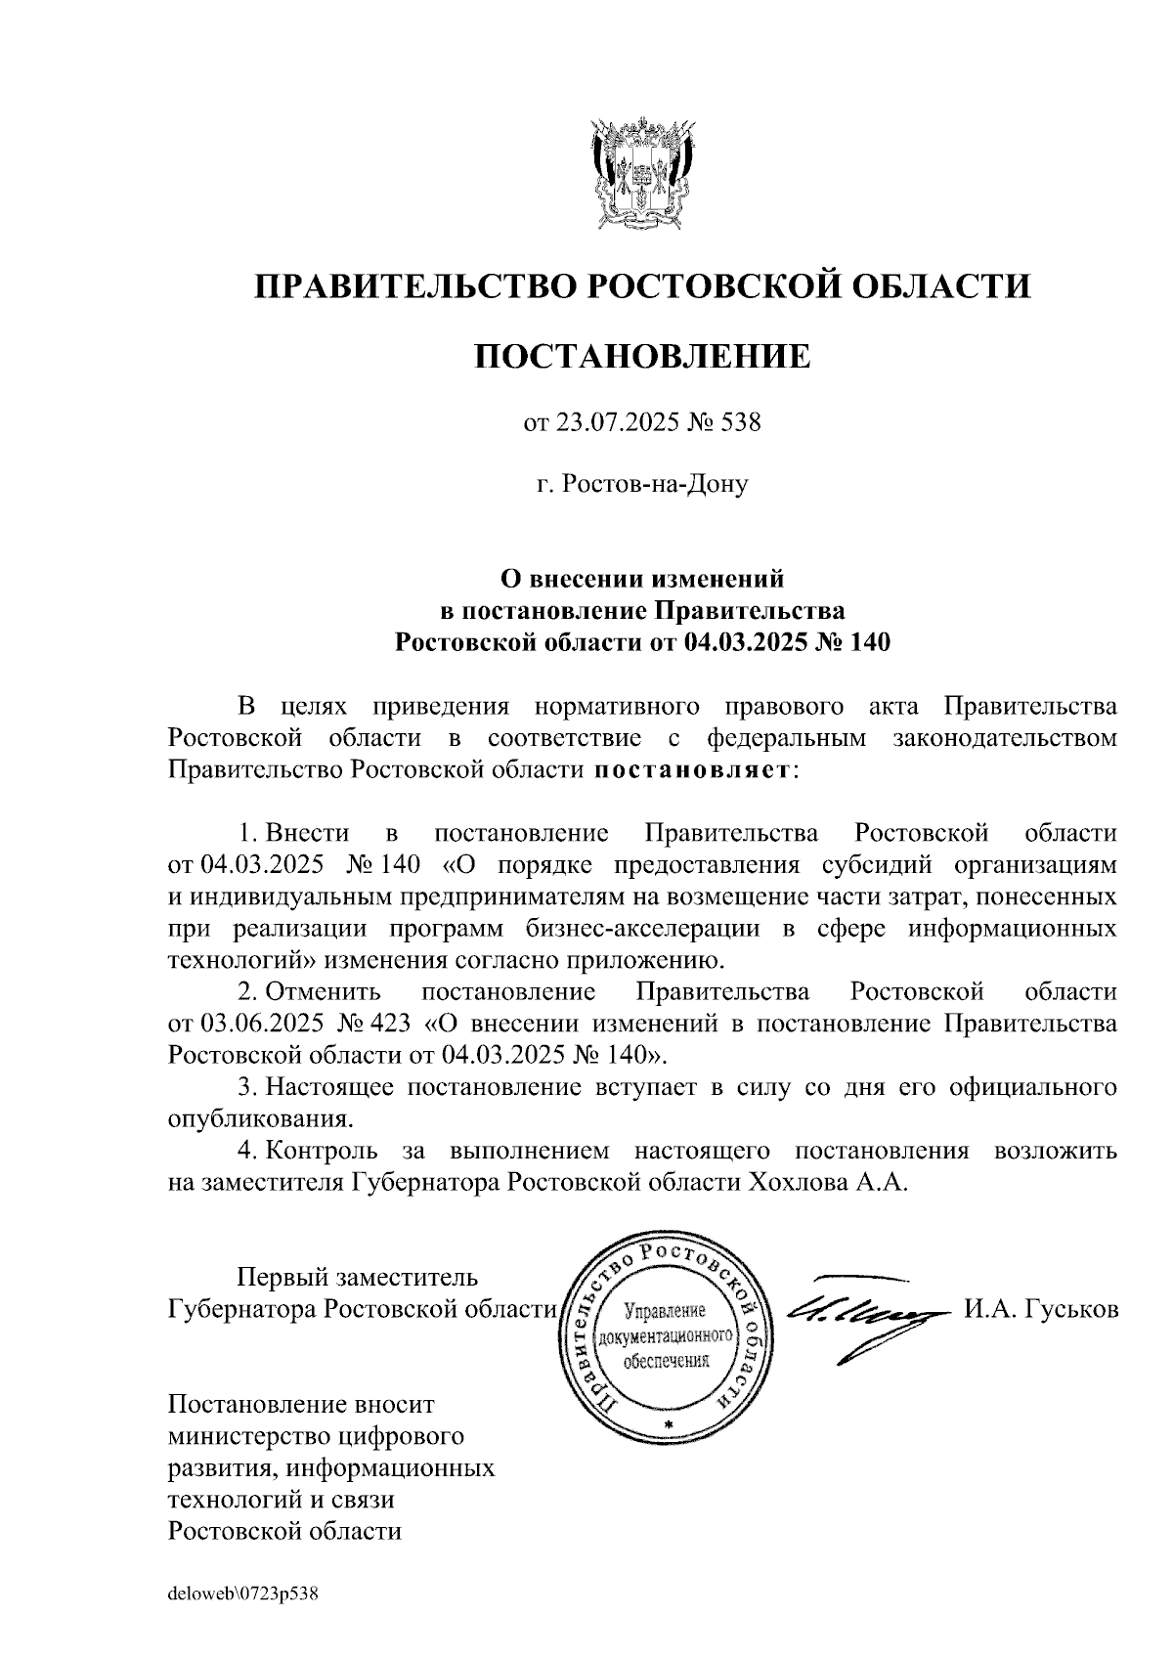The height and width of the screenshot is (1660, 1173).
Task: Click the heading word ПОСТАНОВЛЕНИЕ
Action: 642,357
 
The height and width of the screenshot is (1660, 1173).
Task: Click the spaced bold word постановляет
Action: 693,769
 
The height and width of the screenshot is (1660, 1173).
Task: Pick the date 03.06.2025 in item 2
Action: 260,1024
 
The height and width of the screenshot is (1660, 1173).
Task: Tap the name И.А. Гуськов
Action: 1041,1309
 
